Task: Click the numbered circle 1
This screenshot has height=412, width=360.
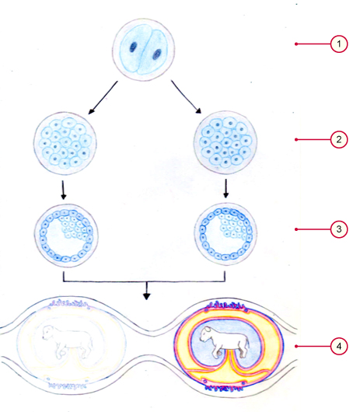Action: tap(339, 44)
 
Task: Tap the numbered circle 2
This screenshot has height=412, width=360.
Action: tap(339, 139)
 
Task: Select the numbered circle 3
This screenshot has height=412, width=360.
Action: tap(339, 229)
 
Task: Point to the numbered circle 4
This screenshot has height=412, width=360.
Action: tap(339, 346)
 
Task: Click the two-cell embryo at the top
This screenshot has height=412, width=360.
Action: tap(144, 50)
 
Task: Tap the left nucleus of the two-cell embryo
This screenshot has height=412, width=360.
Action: tap(133, 47)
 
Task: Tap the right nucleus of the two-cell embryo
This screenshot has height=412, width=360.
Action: tap(157, 54)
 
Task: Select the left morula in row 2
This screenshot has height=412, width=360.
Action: tap(65, 144)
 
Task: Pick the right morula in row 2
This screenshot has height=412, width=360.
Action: tap(225, 142)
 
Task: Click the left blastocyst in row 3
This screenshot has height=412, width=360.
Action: tap(66, 236)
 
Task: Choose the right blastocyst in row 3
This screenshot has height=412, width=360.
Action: tap(225, 234)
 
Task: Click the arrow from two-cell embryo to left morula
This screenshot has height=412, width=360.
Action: tap(103, 97)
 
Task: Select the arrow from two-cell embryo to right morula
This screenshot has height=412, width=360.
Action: tap(186, 96)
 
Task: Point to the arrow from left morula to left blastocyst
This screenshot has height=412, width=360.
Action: tap(63, 190)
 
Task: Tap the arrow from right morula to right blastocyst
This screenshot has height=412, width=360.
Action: tap(225, 188)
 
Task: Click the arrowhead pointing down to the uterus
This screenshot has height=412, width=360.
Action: tap(147, 296)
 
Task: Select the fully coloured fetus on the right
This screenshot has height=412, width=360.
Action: tap(225, 341)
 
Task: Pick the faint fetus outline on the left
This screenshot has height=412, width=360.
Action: tap(68, 341)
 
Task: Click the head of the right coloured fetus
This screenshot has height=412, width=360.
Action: tap(207, 333)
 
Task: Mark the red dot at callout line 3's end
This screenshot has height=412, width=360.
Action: tap(296, 229)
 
